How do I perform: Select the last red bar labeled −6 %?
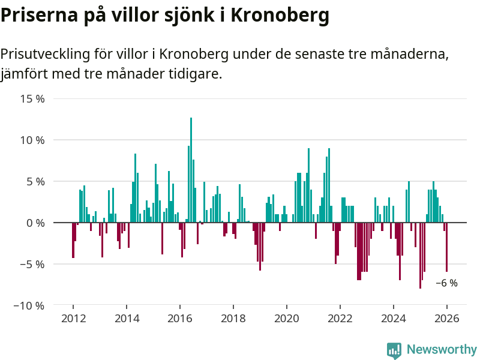[446, 247]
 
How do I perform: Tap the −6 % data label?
[446, 283]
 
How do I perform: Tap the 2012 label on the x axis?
[73, 318]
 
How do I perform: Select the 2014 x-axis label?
[127, 318]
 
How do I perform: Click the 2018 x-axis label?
[233, 318]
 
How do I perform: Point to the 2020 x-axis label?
[287, 318]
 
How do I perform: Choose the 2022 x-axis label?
[340, 318]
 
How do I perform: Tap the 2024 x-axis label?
[394, 318]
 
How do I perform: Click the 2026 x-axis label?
[447, 318]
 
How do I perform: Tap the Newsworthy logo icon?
[394, 350]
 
